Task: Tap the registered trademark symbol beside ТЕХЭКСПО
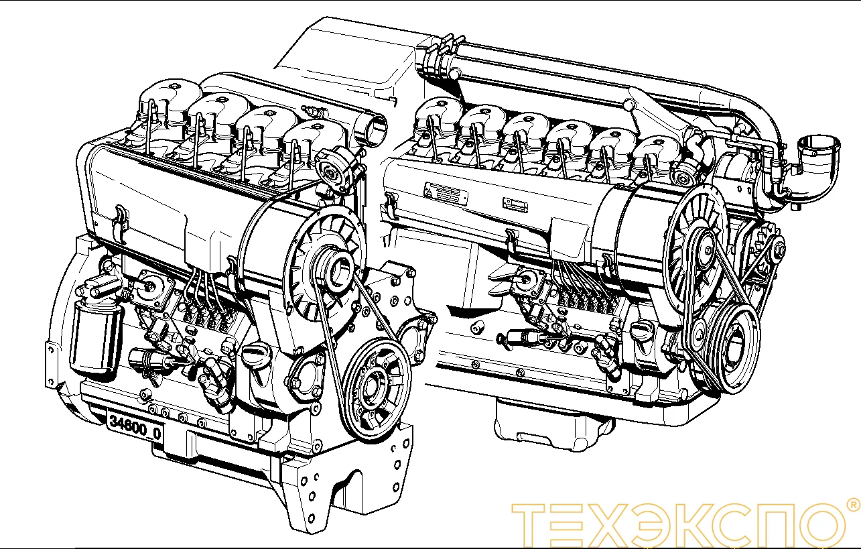point(852,504)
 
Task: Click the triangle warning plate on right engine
point(446,193)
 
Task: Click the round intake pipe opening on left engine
point(373,128)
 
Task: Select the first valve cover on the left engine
point(168,101)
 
